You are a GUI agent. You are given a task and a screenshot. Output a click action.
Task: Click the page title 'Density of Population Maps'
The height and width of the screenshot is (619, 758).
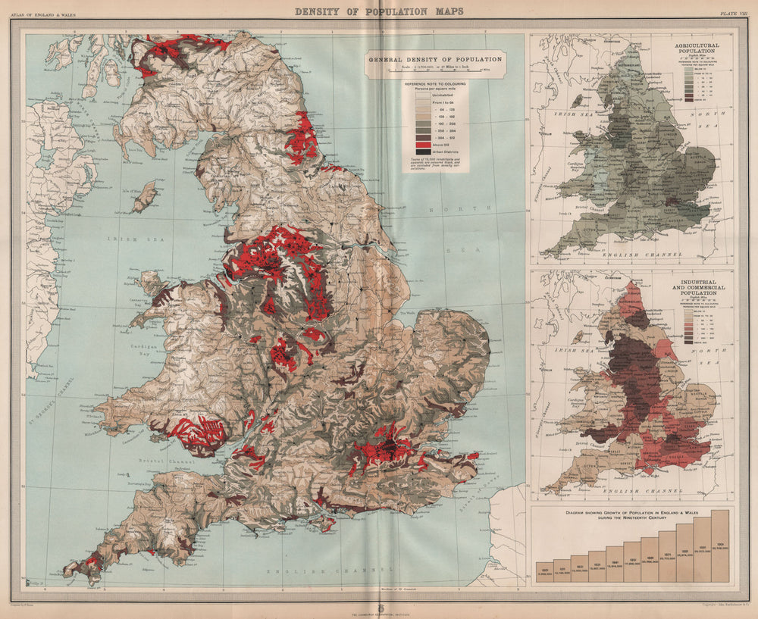click(378, 11)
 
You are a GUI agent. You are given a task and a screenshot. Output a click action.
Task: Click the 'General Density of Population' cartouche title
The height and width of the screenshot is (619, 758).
click(434, 59)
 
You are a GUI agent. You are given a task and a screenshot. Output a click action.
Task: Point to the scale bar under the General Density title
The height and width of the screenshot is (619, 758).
click(434, 73)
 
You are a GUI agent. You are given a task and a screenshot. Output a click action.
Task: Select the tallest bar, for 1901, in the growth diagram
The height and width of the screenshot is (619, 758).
click(720, 546)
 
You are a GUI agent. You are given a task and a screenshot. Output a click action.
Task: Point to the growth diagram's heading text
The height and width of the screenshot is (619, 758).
click(632, 516)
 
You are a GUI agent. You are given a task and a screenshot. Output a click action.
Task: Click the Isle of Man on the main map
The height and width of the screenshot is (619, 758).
click(144, 197)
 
